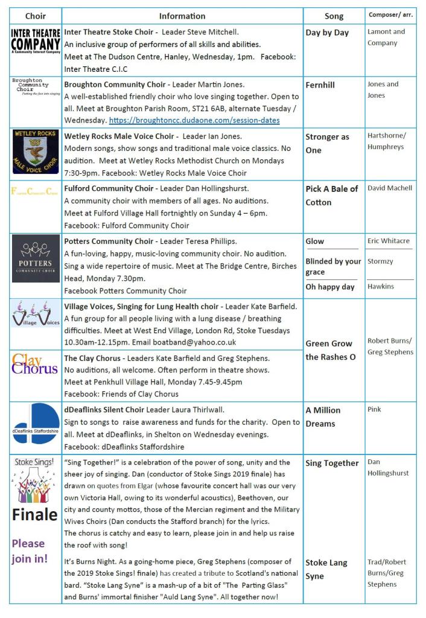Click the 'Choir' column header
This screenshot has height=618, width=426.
(35, 16)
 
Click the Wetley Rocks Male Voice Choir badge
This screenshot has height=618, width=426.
(36, 151)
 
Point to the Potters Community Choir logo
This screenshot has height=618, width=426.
(36, 258)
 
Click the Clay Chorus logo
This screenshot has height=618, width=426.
(35, 364)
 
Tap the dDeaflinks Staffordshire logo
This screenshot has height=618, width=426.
(36, 427)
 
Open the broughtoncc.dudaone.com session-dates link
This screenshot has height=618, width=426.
(194, 120)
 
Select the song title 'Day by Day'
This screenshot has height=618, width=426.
(327, 33)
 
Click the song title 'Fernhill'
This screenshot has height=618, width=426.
(320, 85)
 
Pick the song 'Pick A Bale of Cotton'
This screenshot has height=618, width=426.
(331, 196)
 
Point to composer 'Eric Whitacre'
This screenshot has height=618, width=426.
(389, 241)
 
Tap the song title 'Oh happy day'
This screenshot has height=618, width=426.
(329, 287)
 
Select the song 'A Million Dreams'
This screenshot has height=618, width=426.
(323, 416)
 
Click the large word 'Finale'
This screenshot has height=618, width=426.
(35, 515)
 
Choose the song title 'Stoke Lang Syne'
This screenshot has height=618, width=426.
(326, 569)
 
